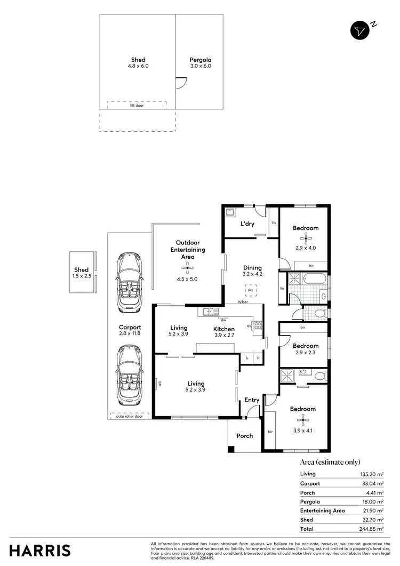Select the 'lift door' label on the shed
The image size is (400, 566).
click(x=137, y=106)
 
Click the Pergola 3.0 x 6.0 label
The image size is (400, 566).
click(x=201, y=63)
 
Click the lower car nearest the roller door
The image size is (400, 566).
click(x=130, y=376)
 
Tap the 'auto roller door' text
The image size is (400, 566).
click(x=130, y=416)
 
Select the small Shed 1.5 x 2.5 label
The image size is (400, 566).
click(x=82, y=273)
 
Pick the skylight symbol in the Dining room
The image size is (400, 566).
click(x=250, y=290)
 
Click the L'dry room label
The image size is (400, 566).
click(x=247, y=224)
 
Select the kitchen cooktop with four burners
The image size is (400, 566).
click(x=257, y=325)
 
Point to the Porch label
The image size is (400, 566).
click(x=245, y=436)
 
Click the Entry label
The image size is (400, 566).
click(x=252, y=400)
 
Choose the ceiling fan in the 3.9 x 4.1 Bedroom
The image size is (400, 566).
click(x=303, y=419)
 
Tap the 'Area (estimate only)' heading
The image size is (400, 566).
click(x=330, y=462)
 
